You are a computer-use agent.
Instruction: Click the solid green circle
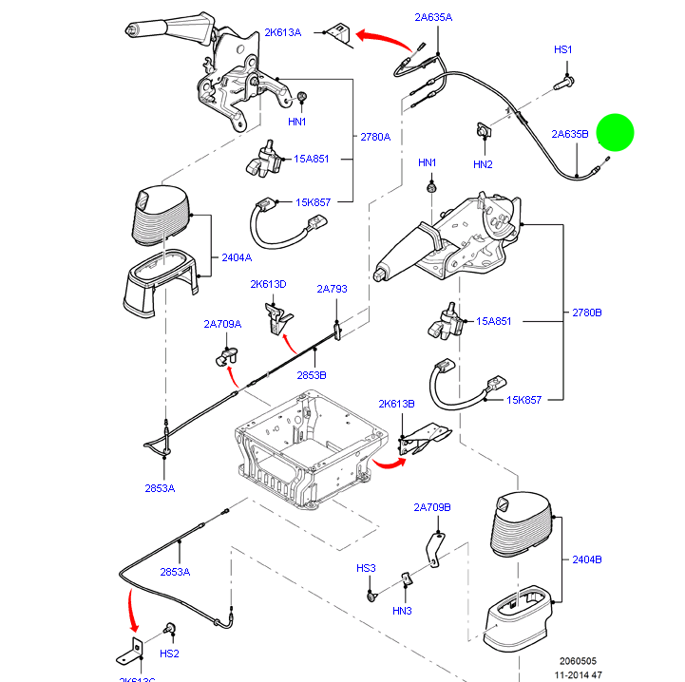click(x=615, y=133)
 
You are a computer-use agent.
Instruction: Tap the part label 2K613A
click(x=282, y=32)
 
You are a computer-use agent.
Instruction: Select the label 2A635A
click(x=433, y=17)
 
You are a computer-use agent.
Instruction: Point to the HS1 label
click(x=563, y=48)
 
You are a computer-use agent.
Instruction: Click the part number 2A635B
click(x=570, y=134)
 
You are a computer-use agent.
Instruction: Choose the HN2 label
click(x=483, y=164)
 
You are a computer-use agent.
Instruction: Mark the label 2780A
click(x=375, y=137)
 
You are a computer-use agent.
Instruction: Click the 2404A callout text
click(x=237, y=257)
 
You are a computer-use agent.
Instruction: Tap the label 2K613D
click(x=268, y=284)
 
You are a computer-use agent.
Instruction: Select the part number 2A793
click(x=333, y=288)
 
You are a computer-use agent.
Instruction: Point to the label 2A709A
click(x=222, y=324)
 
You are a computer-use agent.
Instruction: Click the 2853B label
click(x=311, y=375)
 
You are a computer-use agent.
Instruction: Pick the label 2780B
click(x=586, y=313)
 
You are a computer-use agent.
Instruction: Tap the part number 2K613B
click(x=396, y=404)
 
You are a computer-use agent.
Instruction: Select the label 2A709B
click(x=432, y=507)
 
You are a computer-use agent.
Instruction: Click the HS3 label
click(x=366, y=568)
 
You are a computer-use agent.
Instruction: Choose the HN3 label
click(x=402, y=610)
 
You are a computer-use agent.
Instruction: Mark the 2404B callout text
click(x=587, y=559)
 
